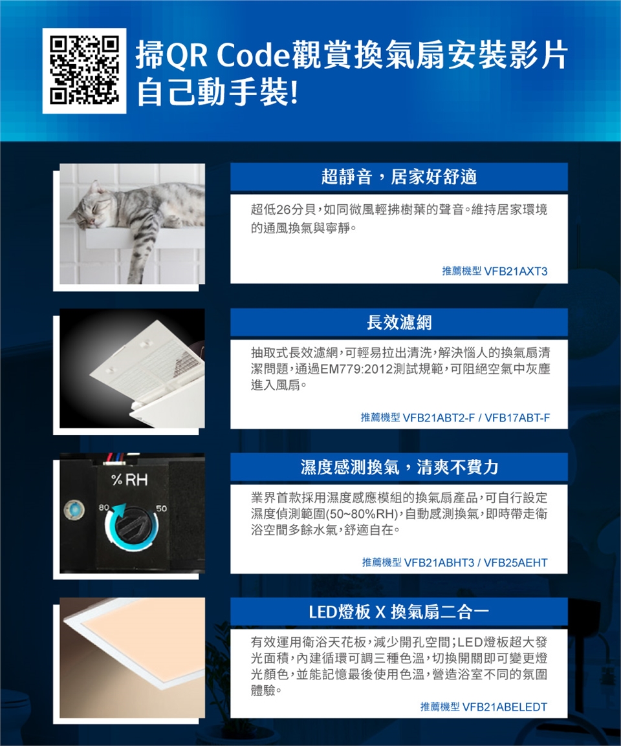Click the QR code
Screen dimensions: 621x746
84,70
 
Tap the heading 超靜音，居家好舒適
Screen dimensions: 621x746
399,176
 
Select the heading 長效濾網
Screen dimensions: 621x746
399,323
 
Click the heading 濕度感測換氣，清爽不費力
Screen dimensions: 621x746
399,467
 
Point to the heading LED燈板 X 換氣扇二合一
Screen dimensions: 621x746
399,612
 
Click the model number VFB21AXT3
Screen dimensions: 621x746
516,272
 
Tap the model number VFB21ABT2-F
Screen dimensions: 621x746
439,418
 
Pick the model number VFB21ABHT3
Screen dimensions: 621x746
439,563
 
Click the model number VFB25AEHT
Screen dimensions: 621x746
516,563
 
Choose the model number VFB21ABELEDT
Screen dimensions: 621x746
505,707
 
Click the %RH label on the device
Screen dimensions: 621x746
129,480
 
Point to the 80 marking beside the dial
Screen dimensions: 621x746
103,507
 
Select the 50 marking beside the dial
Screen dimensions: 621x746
162,509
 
